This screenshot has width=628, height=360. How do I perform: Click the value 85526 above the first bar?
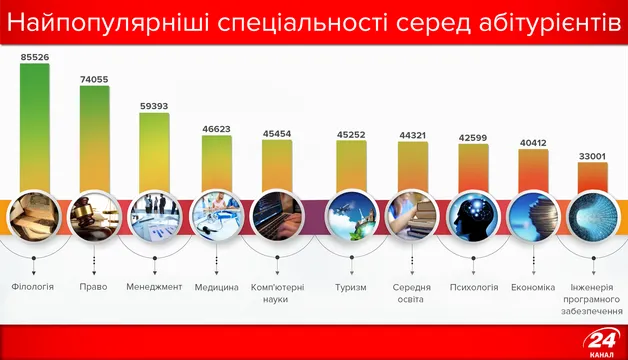(x=35, y=58)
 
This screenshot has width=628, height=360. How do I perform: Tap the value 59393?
(x=154, y=105)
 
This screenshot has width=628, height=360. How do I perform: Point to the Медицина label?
(x=216, y=288)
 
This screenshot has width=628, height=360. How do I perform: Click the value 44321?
(x=413, y=135)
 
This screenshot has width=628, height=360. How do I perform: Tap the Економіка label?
(x=532, y=288)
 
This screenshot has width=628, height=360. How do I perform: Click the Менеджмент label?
(x=154, y=288)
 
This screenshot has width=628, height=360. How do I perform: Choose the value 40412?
(x=532, y=143)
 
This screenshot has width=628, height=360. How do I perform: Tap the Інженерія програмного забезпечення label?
(x=591, y=299)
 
